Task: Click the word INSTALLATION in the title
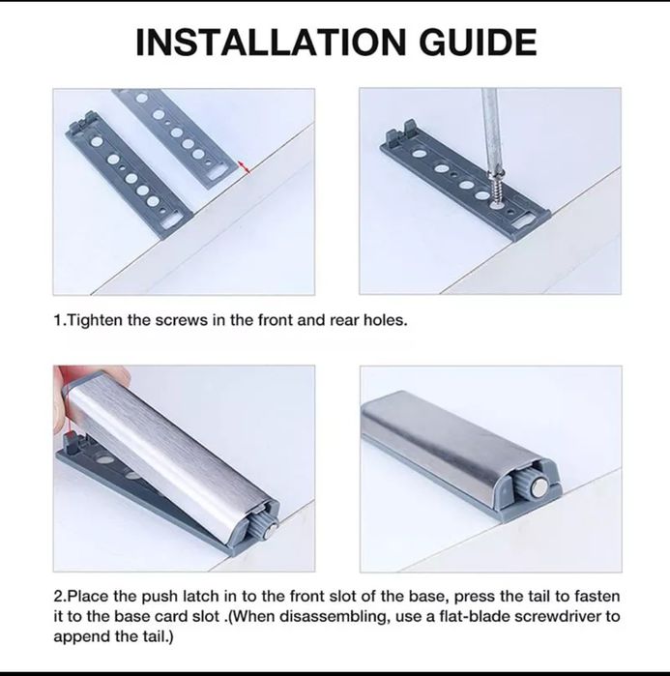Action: pos(271,42)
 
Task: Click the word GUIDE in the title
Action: pos(478,42)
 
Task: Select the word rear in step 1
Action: pos(344,320)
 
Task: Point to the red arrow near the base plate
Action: pos(245,167)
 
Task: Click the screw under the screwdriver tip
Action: pos(497,189)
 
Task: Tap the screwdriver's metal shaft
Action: pos(490,129)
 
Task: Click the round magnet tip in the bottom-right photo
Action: pos(539,488)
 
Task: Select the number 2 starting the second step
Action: pos(58,597)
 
